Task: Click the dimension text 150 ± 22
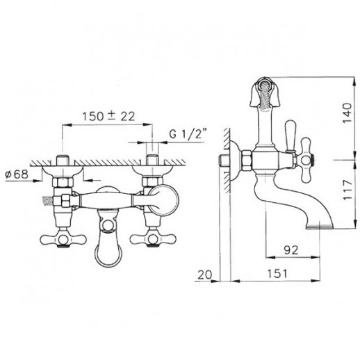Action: pyautogui.click(x=108, y=116)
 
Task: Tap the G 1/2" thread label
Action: pyautogui.click(x=188, y=134)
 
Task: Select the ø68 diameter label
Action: pyautogui.click(x=17, y=174)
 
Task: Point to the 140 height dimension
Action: pyautogui.click(x=347, y=113)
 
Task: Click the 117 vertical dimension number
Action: pyautogui.click(x=347, y=190)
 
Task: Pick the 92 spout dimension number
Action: pyautogui.click(x=291, y=249)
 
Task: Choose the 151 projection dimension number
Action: pyautogui.click(x=277, y=274)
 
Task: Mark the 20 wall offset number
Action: pyautogui.click(x=205, y=275)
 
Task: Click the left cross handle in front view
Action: pyautogui.click(x=63, y=239)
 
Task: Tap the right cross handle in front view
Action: pyautogui.click(x=153, y=238)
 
